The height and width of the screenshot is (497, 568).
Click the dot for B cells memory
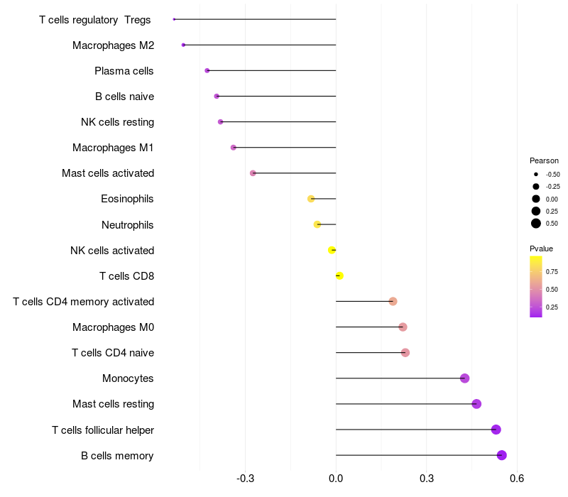pos(501,455)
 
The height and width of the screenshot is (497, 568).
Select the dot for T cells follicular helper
pos(496,430)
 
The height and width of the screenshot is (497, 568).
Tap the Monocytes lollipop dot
pos(464,378)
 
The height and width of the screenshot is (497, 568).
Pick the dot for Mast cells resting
pos(476,404)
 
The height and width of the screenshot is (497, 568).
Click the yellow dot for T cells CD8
pos(339,275)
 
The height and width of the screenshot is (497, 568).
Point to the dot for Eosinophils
pos(311,199)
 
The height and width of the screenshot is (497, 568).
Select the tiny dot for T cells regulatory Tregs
pos(174,19)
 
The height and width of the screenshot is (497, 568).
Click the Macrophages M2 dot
pos(183,45)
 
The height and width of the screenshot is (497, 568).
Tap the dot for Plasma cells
pos(207,70)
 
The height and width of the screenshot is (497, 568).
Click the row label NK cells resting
pos(117,122)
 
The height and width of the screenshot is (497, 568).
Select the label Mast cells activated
pos(108,173)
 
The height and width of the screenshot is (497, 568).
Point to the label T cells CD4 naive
pos(113,353)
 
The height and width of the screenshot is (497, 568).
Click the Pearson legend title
pos(544,160)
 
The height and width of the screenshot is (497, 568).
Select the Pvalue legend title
pos(541,248)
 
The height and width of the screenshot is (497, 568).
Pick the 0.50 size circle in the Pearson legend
pos(536,224)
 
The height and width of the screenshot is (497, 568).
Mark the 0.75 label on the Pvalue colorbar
pos(552,271)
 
